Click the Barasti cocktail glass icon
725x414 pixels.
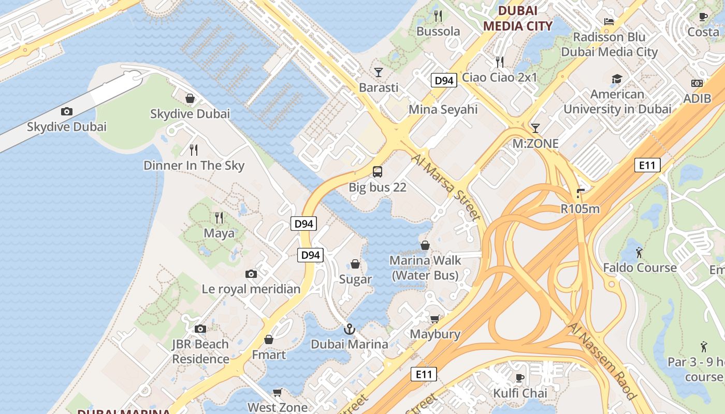coord(379,72)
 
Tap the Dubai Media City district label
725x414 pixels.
coord(517,18)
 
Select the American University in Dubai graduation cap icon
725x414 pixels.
coord(617,79)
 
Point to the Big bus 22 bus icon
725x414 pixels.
coord(378,172)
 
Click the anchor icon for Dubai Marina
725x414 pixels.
coord(350,329)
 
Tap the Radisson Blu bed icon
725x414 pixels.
coord(609,21)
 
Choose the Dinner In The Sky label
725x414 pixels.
coord(194,166)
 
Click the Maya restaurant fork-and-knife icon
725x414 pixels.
coord(219,217)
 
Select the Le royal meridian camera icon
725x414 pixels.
coord(251,274)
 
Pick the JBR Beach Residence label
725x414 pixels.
coord(200,351)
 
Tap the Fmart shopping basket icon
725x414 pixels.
coord(269,339)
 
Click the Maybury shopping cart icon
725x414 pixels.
coord(434,319)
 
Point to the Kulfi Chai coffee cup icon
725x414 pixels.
coord(519,377)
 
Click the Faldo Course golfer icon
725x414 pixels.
coord(640,253)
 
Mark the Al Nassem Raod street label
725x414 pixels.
coord(602,361)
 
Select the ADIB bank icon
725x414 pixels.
coord(697,83)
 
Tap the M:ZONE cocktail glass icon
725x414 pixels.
coord(535,128)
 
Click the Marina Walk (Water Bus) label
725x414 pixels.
coord(425,268)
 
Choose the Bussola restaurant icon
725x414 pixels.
coord(438,16)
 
